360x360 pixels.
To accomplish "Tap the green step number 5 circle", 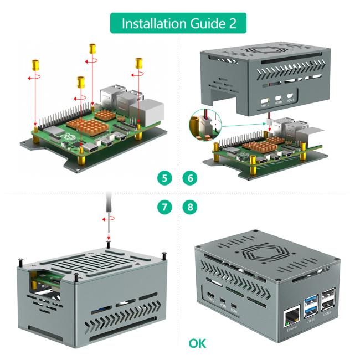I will pos(163,178).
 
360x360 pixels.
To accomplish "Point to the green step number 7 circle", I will pos(163,208).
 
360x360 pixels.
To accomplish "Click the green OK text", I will pos(197,344).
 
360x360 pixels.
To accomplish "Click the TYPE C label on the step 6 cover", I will pos(264,104).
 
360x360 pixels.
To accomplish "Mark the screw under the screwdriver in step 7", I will pos(111,242).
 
